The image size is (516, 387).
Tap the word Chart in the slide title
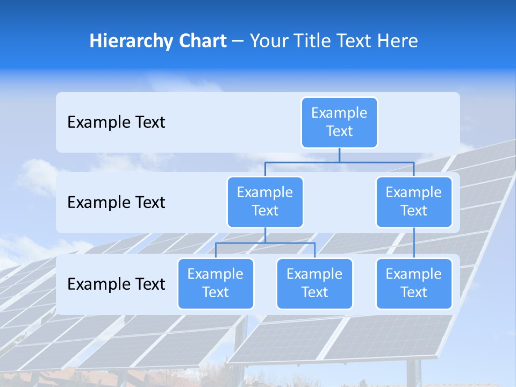tap(200, 41)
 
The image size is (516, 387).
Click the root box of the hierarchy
tap(339, 123)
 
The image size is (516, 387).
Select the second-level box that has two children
tap(265, 202)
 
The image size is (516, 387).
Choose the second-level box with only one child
tap(414, 202)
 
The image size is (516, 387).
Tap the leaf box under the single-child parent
tap(414, 283)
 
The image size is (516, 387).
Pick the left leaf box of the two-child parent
tap(216, 283)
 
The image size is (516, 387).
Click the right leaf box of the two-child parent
tap(314, 283)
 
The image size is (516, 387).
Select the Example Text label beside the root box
tap(116, 123)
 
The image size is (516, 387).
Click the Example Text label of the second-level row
tap(116, 203)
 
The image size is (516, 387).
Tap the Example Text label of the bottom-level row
tap(116, 284)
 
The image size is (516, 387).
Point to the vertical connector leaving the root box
tap(339, 155)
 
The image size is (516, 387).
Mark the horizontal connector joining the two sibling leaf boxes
tap(265, 243)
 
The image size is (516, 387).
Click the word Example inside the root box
tap(339, 113)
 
